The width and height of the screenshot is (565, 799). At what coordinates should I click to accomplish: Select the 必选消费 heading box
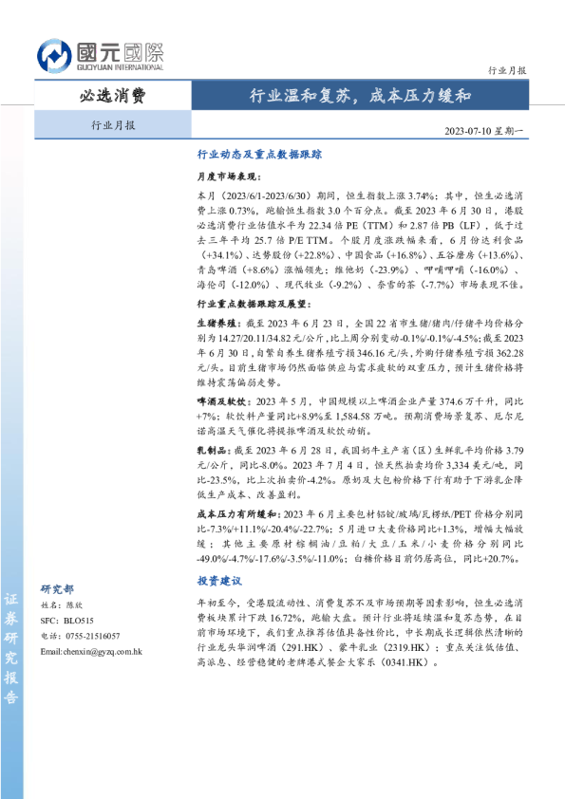(113, 96)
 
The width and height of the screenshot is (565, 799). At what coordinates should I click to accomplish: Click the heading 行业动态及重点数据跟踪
(260, 153)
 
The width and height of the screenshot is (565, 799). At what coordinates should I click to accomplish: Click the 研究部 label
(58, 588)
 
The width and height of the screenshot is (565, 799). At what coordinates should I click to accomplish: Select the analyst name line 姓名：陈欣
(66, 604)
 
